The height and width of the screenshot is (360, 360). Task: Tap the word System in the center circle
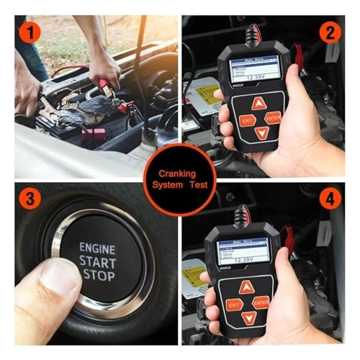[x=165, y=184]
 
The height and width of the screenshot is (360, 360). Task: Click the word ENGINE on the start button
[x=97, y=247]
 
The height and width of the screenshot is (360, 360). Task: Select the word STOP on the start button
[x=97, y=274]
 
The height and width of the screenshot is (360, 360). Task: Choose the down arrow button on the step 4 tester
[x=248, y=318]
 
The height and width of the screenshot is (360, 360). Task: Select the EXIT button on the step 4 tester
[x=233, y=305]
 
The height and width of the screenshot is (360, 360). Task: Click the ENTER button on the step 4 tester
[x=261, y=302]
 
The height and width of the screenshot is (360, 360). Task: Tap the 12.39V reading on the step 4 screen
[x=246, y=258]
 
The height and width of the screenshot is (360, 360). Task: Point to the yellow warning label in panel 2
[x=197, y=94]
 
